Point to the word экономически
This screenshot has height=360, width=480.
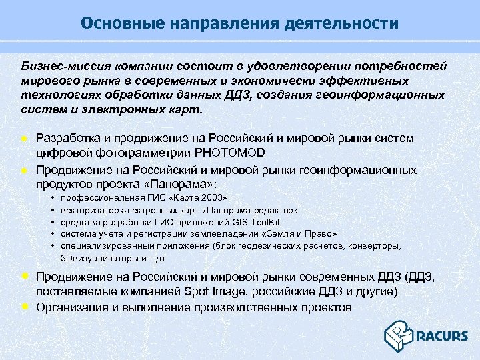[x=312, y=81]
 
